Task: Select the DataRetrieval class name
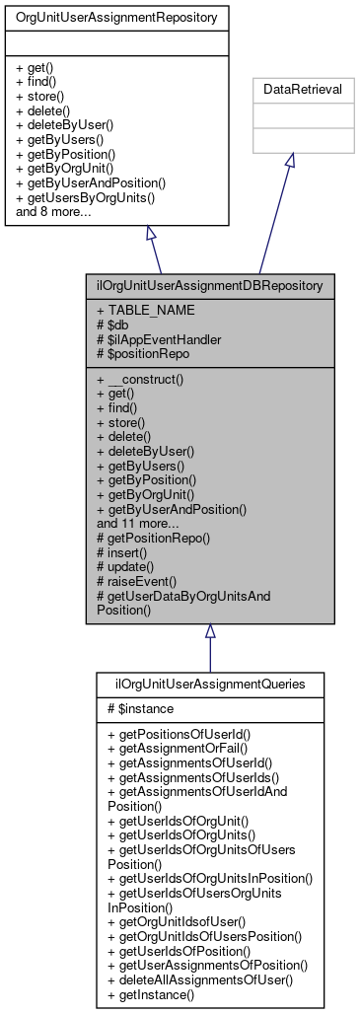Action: (289, 89)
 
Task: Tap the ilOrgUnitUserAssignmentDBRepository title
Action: (208, 286)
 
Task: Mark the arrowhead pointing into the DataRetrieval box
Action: (289, 162)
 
